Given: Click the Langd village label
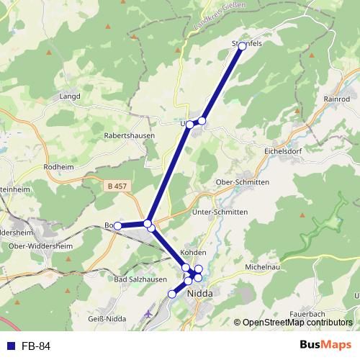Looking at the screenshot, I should tap(70, 96).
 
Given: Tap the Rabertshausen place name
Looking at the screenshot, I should tap(130, 135).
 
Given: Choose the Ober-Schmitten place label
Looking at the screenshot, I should tap(243, 183).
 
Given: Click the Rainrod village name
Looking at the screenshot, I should tap(337, 99).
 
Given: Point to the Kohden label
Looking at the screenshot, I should tap(194, 253).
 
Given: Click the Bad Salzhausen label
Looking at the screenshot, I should tap(141, 279).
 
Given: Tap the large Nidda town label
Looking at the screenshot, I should tap(199, 294).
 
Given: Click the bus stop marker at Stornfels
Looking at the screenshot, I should tap(243, 46).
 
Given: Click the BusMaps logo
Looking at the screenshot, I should tap(325, 345).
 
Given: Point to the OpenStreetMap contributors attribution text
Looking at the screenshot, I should tap(297, 323).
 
